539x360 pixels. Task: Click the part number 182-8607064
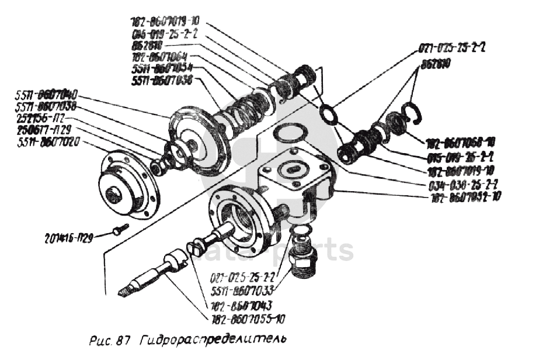click(159, 57)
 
